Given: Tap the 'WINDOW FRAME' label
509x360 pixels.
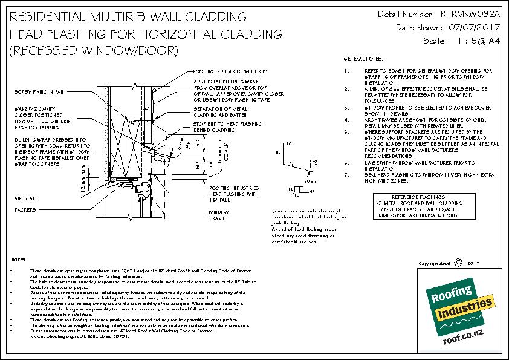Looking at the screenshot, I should click(x=218, y=216).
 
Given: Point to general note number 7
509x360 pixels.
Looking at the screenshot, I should click(x=347, y=175).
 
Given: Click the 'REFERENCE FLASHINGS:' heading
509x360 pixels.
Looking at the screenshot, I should click(x=419, y=198).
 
